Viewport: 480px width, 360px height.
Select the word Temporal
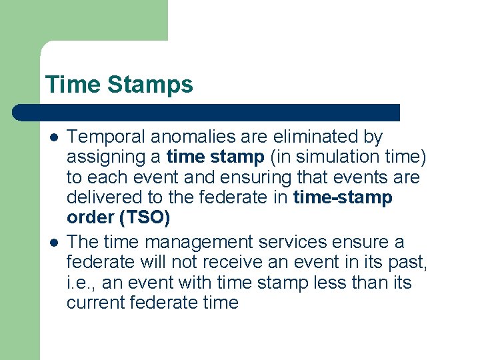[x=107, y=137]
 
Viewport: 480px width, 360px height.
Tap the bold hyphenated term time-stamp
[x=342, y=198]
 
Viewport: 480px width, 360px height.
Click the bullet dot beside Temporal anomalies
[x=53, y=138]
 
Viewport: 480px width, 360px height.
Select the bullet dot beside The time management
[x=53, y=243]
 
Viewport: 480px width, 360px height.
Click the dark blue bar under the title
[x=207, y=112]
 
